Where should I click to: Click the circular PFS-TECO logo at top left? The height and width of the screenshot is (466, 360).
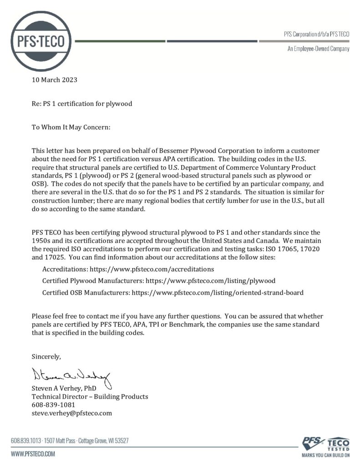point(41,41)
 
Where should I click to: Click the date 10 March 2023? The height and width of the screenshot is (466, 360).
point(54,80)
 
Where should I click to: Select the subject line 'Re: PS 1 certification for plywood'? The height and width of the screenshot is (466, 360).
point(82,104)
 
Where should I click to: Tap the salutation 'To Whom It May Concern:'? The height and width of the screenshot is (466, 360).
point(71,127)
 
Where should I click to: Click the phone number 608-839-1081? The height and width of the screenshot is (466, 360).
point(53,405)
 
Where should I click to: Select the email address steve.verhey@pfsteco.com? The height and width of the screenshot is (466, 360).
point(71,413)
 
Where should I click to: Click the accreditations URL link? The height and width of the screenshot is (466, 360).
point(152,269)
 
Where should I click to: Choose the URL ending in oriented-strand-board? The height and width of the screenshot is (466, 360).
point(218,293)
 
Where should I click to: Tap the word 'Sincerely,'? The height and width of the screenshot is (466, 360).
point(46,355)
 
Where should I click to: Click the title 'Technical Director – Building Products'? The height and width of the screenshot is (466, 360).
point(90,396)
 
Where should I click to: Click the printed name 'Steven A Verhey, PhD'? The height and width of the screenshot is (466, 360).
point(64,388)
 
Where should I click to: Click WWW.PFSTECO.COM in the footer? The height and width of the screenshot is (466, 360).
point(33,454)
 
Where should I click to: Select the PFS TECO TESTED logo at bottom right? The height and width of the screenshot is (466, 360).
point(326,446)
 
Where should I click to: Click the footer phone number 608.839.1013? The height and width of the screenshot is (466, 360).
point(25,441)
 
